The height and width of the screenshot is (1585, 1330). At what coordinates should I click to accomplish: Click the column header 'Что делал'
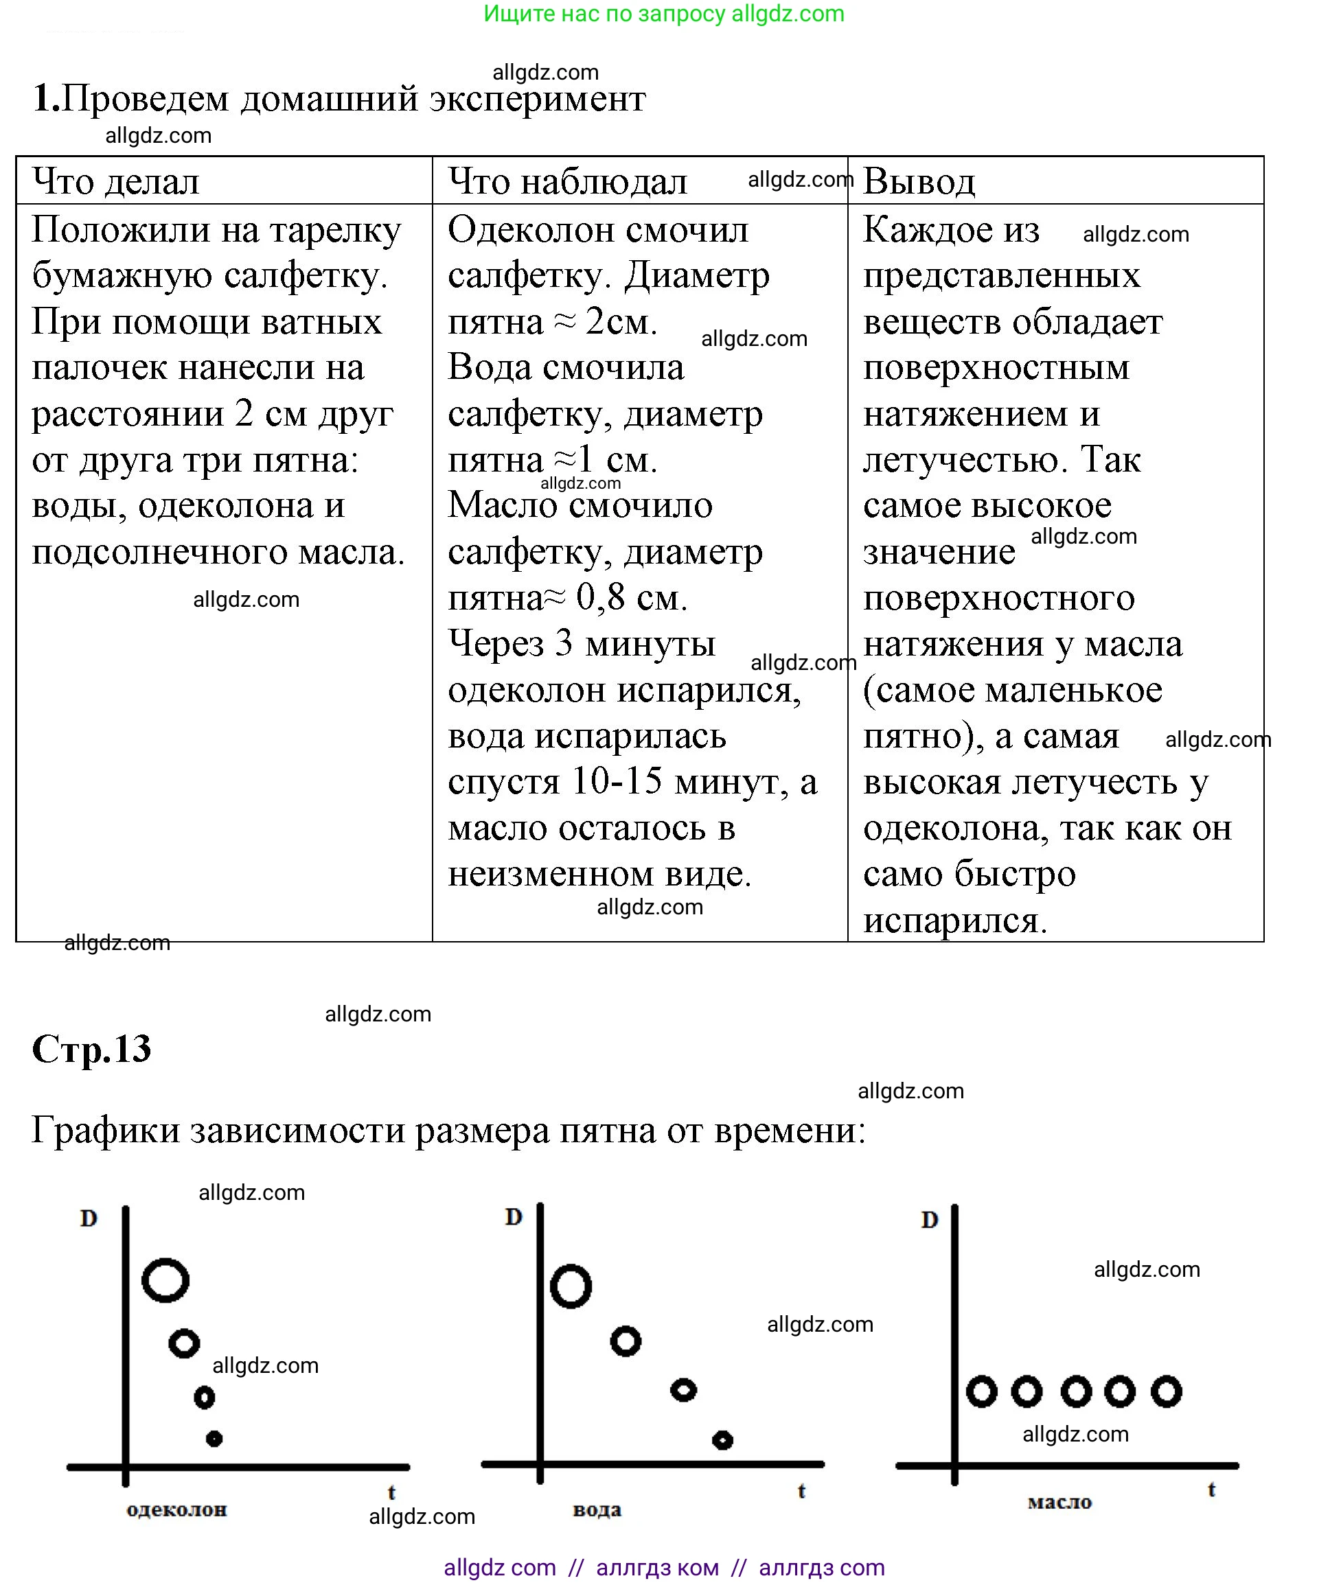(115, 182)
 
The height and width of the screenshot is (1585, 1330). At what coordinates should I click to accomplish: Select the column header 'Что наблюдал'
(567, 182)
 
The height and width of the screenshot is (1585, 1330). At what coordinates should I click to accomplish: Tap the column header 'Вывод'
(919, 182)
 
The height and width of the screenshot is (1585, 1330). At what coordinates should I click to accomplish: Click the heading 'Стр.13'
(91, 1048)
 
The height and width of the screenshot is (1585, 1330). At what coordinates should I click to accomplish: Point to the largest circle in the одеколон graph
(165, 1280)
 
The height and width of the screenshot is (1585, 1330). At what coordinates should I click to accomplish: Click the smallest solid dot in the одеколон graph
(214, 1439)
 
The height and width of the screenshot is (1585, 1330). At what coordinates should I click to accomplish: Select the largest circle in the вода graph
(571, 1286)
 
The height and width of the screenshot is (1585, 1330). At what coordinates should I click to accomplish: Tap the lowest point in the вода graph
(722, 1440)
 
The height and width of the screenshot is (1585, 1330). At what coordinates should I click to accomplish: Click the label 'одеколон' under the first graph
(176, 1509)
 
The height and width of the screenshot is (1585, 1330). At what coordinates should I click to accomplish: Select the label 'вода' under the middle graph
(597, 1509)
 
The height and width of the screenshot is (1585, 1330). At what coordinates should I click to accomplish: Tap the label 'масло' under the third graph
(1059, 1502)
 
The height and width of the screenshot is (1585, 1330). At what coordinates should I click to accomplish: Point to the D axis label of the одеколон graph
(89, 1218)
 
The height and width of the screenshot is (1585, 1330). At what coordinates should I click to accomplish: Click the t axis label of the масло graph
(1211, 1489)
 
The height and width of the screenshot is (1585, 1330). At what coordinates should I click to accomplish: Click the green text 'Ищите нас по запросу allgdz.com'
(663, 14)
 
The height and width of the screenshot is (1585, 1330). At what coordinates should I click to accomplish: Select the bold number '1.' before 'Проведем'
(45, 98)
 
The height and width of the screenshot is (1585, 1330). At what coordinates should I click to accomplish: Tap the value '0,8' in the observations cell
(600, 598)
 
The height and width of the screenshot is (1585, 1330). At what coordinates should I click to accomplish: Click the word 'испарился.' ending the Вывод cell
(955, 921)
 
